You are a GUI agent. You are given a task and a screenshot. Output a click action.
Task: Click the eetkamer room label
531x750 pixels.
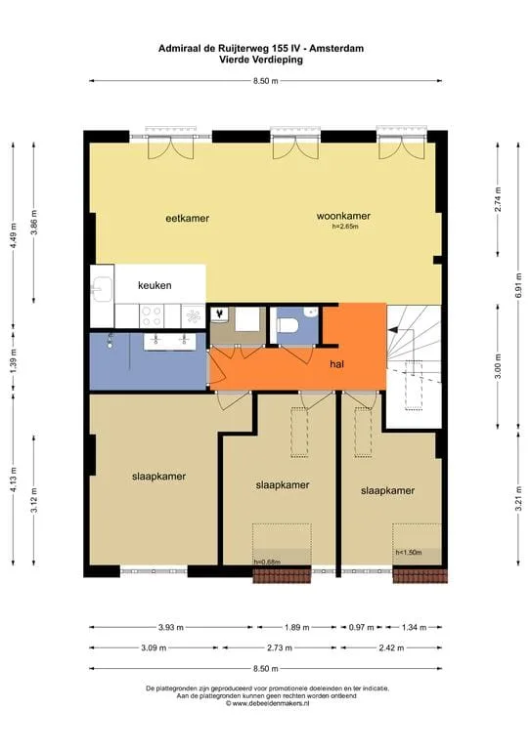pyautogui.click(x=187, y=218)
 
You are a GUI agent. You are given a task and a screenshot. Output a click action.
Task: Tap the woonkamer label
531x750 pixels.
pyautogui.click(x=343, y=216)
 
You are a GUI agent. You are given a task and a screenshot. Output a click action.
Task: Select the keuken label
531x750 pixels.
pyautogui.click(x=155, y=285)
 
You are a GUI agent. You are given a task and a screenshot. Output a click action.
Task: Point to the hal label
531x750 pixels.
pyautogui.click(x=337, y=364)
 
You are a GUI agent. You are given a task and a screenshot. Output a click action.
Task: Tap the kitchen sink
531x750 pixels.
pyautogui.click(x=102, y=290)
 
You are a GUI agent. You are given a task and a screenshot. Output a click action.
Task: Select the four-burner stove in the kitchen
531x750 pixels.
pyautogui.click(x=152, y=316)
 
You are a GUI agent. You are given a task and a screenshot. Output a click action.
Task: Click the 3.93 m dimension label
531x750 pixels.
pyautogui.click(x=171, y=627)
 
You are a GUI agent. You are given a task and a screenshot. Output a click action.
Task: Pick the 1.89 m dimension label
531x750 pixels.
pyautogui.click(x=297, y=627)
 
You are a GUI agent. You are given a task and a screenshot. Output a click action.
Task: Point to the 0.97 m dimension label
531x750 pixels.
pyautogui.click(x=361, y=627)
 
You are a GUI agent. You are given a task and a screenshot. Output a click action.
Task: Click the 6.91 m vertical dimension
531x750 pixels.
pyautogui.click(x=518, y=285)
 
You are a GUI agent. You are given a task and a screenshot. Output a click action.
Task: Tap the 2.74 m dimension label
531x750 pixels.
pyautogui.click(x=498, y=198)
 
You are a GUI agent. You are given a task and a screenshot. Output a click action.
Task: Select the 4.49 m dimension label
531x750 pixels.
pyautogui.click(x=14, y=235)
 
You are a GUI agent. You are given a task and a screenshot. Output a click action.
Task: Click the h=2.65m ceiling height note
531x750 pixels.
pyautogui.click(x=345, y=227)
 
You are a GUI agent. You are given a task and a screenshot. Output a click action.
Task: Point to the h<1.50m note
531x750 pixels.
pyautogui.click(x=409, y=553)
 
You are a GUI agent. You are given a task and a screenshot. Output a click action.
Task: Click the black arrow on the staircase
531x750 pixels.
pyautogui.click(x=393, y=329)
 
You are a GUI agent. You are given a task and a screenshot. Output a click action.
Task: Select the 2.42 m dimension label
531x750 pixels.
pyautogui.click(x=391, y=648)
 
